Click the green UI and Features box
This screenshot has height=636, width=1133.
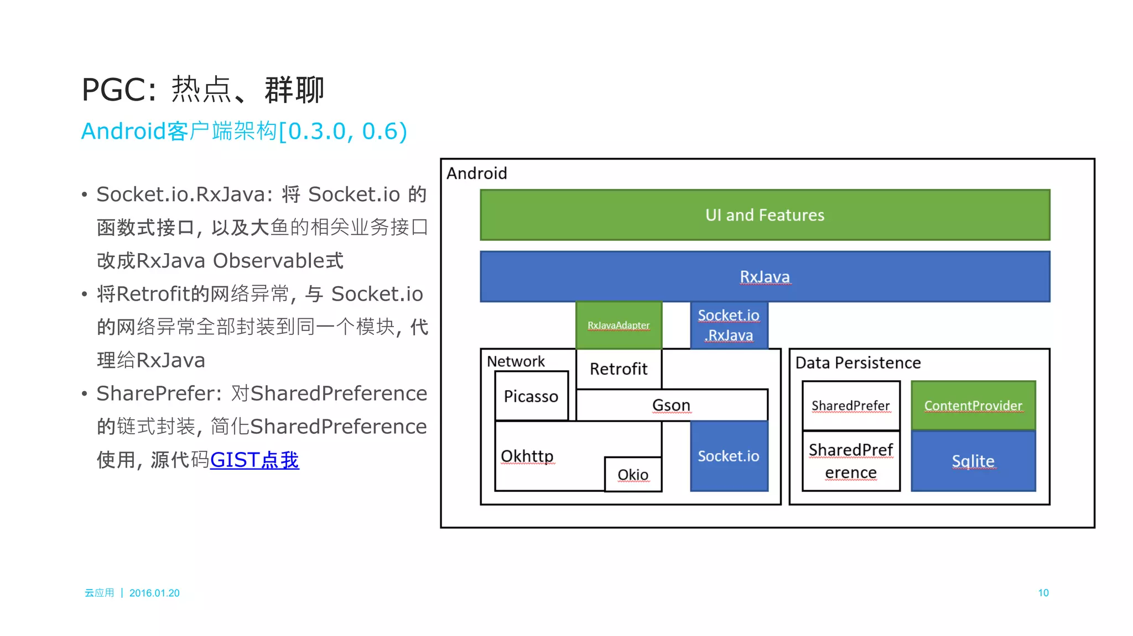point(765,215)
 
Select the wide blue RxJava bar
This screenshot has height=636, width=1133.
point(765,276)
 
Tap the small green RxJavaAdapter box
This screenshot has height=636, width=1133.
point(619,325)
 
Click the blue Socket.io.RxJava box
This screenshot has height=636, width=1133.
point(729,325)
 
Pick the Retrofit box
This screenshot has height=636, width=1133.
point(619,369)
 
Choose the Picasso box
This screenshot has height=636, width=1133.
point(531,396)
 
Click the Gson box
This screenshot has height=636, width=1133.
point(671,405)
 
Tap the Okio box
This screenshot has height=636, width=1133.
point(633,475)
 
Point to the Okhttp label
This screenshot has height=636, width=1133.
point(527,456)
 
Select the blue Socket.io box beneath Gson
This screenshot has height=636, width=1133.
point(729,456)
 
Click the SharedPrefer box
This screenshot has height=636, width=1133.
point(850,406)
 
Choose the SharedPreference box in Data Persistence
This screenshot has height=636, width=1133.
point(850,461)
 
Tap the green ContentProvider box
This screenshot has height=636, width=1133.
point(973,406)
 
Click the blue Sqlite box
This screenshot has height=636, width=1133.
point(973,461)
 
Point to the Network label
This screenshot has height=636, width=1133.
point(516,361)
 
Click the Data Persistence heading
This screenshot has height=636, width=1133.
point(858,362)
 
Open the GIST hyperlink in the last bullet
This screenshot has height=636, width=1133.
point(254,460)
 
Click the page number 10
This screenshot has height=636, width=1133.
point(1043,593)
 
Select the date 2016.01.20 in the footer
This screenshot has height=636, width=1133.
point(154,593)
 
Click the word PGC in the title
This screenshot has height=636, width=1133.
point(114,90)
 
